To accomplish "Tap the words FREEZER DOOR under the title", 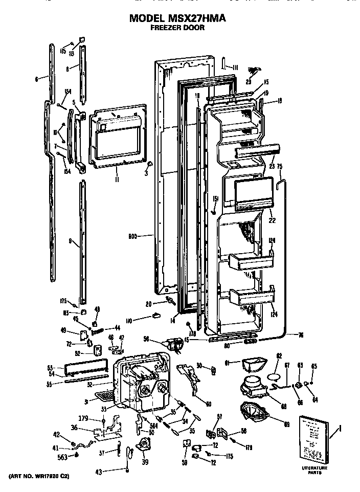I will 177,28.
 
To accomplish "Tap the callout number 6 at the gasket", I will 36,79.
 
